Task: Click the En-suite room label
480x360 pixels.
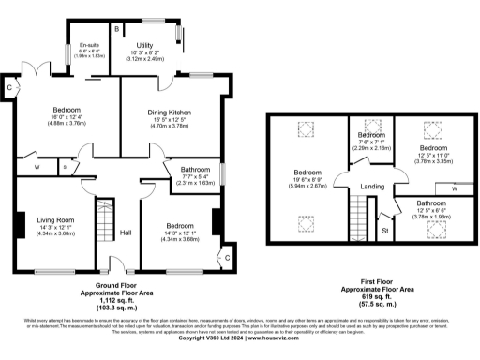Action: click(90, 45)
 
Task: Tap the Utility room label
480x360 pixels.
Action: click(144, 44)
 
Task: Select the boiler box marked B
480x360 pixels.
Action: click(116, 30)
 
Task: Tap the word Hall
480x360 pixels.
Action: click(125, 232)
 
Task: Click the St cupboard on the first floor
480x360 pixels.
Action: click(385, 228)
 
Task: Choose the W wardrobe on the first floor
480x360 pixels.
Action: click(454, 187)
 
